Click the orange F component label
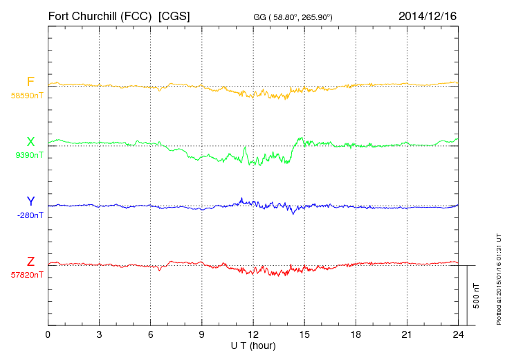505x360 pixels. (30, 82)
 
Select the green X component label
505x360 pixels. (30, 143)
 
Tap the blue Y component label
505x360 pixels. (30, 201)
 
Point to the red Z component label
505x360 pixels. (30, 262)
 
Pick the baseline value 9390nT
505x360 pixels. (29, 155)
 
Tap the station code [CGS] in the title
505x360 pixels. (174, 15)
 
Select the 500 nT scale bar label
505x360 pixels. (477, 296)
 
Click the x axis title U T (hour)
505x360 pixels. (253, 345)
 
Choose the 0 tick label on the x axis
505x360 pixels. (48, 334)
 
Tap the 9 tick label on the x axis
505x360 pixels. (202, 334)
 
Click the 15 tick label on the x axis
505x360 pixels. (304, 334)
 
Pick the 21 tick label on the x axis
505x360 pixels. (407, 334)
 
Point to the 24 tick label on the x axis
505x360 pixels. (458, 334)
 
